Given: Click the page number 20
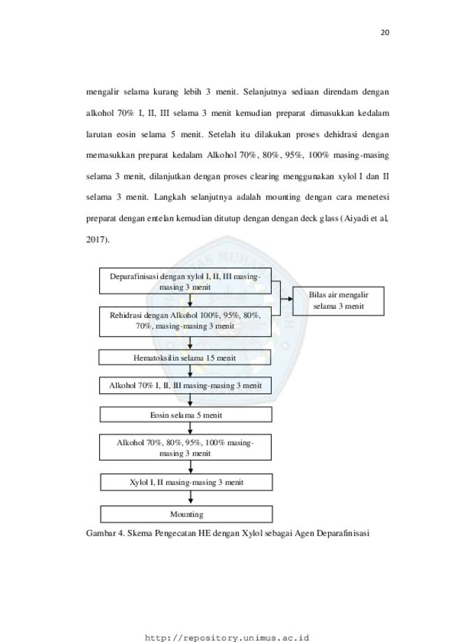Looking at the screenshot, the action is [x=385, y=33].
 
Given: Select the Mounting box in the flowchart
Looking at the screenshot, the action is [x=186, y=514].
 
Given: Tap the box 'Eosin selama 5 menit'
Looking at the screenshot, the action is [x=186, y=414].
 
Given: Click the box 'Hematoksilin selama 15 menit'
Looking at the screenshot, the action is [x=184, y=358].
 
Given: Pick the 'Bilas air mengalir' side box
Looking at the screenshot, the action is [x=339, y=301].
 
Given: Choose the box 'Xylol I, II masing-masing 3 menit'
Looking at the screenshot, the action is [x=186, y=482].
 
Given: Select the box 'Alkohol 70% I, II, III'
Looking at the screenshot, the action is [x=186, y=386].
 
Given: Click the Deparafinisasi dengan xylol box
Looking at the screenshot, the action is [x=186, y=282].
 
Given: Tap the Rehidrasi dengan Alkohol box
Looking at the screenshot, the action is [x=186, y=322].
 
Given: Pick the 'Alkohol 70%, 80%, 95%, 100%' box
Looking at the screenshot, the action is [x=186, y=448].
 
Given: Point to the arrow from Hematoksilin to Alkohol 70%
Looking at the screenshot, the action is [x=190, y=372].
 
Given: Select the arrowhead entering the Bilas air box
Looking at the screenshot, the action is [x=290, y=299].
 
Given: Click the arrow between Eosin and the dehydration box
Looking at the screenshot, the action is [x=190, y=428].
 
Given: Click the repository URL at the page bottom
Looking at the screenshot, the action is [x=227, y=638].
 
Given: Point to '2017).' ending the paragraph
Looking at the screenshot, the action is [x=98, y=240].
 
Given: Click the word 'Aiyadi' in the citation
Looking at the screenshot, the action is [x=356, y=218].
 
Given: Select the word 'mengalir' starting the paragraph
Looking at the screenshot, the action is [x=103, y=92].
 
